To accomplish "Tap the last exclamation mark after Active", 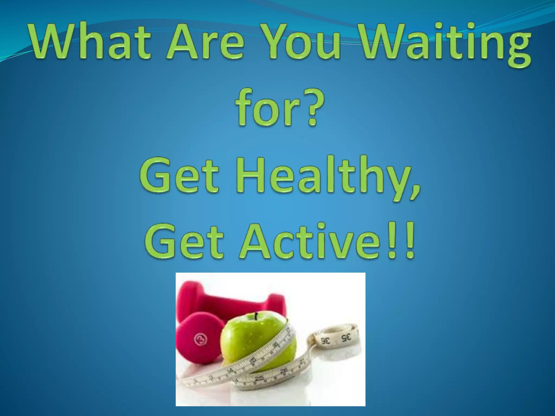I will click(409, 240).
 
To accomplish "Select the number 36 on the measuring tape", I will click(326, 341).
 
